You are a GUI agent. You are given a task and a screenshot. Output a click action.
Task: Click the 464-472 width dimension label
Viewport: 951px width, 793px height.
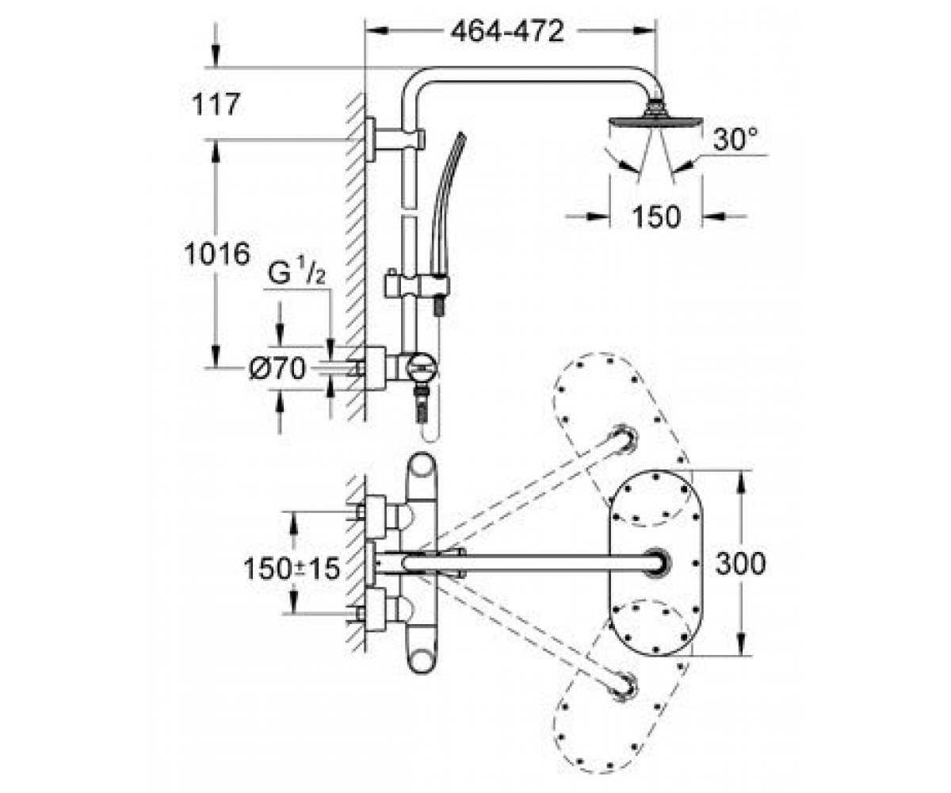[x=507, y=32]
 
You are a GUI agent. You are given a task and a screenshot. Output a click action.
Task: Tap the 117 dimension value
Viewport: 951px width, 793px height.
[x=216, y=105]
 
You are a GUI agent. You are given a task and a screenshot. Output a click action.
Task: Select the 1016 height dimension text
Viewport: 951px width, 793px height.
[x=217, y=254]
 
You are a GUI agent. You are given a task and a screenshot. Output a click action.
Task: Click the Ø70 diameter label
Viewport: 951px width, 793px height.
[x=277, y=368]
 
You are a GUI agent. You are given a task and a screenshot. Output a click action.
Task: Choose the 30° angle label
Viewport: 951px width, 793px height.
[x=735, y=139]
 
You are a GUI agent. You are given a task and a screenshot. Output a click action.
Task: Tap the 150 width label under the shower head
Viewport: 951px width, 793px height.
[x=656, y=216]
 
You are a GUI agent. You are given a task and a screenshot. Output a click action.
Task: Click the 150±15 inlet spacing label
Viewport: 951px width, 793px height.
[x=292, y=569]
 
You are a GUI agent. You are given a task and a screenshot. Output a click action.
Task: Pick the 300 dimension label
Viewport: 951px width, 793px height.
[x=740, y=563]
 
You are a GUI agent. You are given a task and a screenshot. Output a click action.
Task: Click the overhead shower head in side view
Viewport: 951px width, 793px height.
[x=655, y=120]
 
